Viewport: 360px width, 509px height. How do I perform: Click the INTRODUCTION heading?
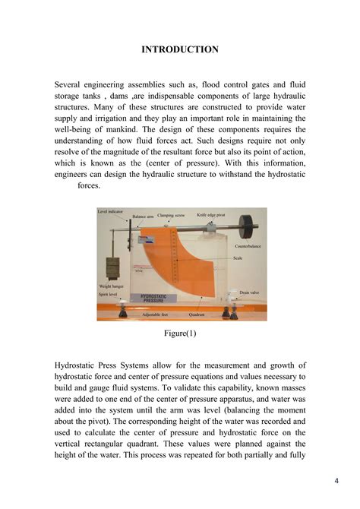click(180, 49)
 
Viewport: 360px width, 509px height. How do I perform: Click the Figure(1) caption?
click(180, 333)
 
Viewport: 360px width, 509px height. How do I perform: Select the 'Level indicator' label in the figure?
click(112, 211)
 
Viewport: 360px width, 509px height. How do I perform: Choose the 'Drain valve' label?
click(250, 292)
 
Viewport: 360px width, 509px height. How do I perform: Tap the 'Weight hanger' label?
click(112, 286)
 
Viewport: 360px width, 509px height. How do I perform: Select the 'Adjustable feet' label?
click(155, 313)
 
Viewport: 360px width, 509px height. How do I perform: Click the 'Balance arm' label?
click(144, 217)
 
